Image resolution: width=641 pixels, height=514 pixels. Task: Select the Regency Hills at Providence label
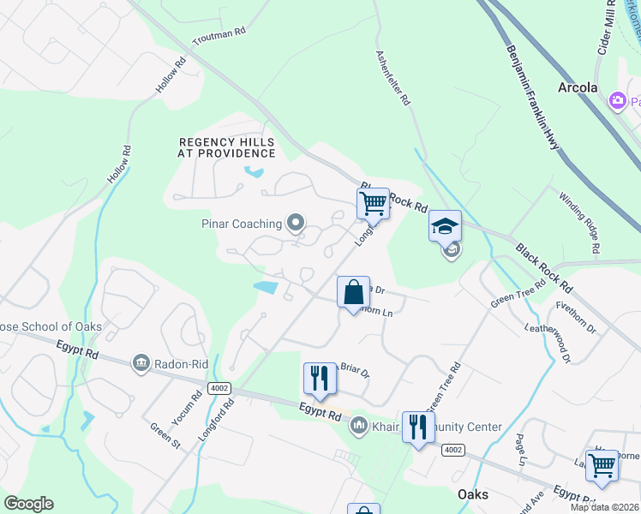click(227, 147)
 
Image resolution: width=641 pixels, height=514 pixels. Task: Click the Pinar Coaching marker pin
click(296, 224)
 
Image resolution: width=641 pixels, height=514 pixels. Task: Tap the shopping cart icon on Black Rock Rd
click(373, 204)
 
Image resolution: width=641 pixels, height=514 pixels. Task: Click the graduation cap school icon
click(445, 226)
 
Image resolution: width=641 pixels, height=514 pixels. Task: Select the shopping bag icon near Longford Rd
click(353, 292)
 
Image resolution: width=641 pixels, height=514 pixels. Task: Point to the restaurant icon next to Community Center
click(417, 426)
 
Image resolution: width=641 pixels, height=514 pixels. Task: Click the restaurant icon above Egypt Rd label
click(320, 378)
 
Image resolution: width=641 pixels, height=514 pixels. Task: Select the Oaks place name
click(472, 495)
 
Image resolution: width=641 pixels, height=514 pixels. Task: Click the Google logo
click(28, 504)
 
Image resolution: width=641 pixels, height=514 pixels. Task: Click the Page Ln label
click(520, 450)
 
